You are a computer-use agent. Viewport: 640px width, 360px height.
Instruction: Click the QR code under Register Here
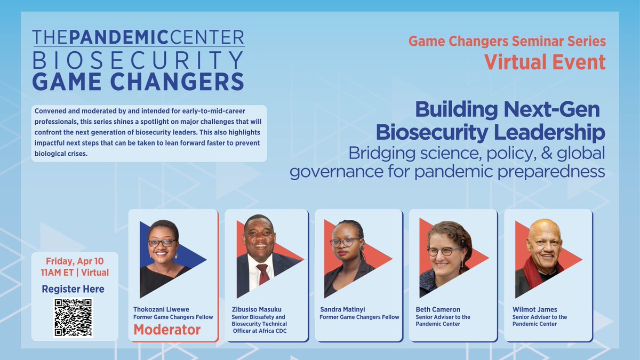pos(73,317)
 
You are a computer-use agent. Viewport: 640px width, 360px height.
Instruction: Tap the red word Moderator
pos(167,330)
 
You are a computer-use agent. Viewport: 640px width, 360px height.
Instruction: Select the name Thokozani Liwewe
pos(161,309)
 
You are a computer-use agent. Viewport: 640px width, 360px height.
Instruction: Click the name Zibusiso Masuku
pos(257,309)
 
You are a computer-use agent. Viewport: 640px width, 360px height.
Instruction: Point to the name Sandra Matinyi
pos(342,309)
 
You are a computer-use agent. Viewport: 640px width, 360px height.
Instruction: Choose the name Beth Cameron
pos(438,309)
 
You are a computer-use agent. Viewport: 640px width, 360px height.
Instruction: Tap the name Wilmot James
pos(534,309)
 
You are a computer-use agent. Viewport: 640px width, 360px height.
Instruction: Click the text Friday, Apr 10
pos(75,261)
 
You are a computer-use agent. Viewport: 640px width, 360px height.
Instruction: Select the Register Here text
pos(73,289)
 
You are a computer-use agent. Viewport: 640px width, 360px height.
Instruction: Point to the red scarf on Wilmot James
pos(534,273)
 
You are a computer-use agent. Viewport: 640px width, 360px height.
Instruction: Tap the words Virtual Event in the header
pos(545,62)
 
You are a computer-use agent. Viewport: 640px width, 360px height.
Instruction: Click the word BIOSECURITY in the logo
pos(138,60)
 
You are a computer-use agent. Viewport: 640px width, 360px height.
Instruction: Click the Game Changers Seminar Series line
pos(507,41)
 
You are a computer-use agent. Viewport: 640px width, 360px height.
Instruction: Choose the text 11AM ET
pos(57,273)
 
